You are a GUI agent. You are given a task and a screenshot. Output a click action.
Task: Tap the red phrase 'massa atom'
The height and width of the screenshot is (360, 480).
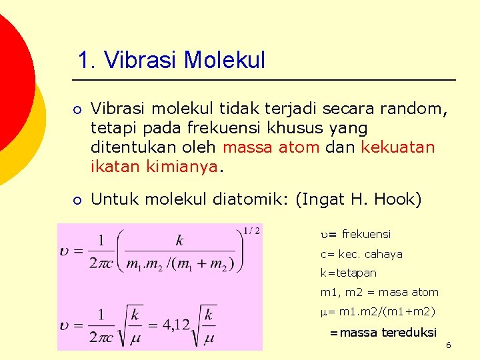[271, 147]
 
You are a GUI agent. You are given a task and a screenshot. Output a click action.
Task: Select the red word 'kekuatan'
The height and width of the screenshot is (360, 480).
[397, 147]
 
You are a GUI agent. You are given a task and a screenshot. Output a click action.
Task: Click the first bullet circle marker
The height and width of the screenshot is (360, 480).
[78, 108]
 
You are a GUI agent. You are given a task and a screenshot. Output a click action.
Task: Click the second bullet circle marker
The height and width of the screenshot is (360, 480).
[78, 199]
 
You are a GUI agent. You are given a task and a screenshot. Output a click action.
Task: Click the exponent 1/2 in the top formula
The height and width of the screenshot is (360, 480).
[252, 231]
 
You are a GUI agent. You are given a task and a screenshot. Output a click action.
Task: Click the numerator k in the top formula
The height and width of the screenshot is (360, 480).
[179, 241]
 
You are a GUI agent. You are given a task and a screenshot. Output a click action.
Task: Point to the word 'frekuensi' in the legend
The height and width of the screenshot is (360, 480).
[366, 234]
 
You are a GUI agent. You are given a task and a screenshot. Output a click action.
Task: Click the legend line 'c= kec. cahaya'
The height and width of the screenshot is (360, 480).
[361, 254]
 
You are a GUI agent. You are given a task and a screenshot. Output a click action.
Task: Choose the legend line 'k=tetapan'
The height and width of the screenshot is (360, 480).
[348, 273]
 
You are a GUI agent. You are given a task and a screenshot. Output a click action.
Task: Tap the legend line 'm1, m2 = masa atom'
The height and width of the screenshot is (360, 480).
[379, 292]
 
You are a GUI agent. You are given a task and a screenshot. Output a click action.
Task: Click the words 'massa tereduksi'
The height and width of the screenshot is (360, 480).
[388, 332]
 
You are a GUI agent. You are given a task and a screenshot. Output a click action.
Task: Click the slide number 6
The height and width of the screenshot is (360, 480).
[449, 345]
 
